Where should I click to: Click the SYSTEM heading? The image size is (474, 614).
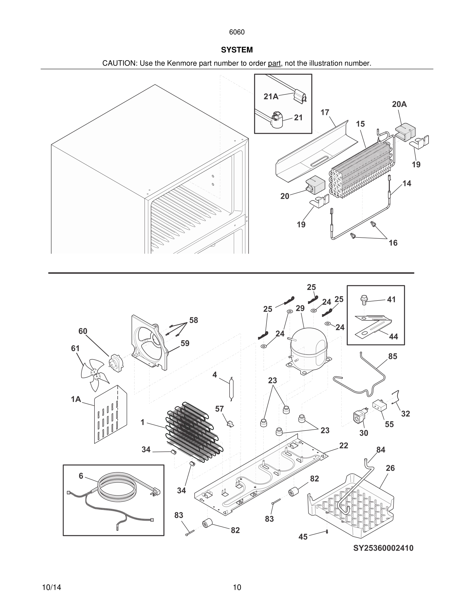[x=237, y=50]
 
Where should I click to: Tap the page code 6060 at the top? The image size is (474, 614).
[x=237, y=32]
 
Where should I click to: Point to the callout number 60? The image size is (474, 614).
[x=83, y=331]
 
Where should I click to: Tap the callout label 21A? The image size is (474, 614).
[x=271, y=97]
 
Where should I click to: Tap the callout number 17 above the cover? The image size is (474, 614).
[x=325, y=112]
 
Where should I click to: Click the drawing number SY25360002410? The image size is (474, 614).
[x=383, y=548]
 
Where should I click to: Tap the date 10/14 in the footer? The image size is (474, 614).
[x=51, y=587]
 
